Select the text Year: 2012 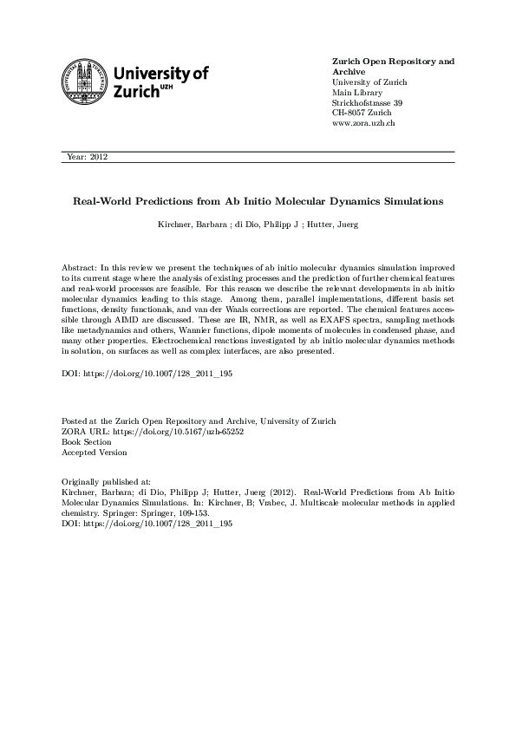click(x=87, y=157)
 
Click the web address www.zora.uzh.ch click(x=363, y=124)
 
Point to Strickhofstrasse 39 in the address click(x=368, y=103)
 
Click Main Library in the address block click(x=357, y=93)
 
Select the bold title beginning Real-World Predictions click(x=258, y=201)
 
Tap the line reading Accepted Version click(x=95, y=452)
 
